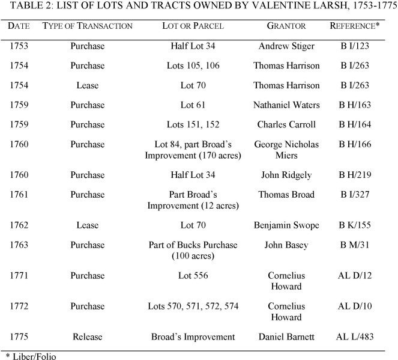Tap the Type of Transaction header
point(88,26)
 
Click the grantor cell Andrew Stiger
point(286,46)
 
